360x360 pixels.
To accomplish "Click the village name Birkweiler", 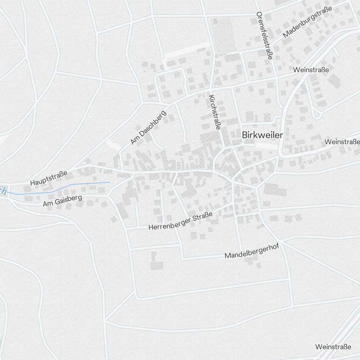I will (262, 135).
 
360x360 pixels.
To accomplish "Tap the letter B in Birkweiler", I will (245, 135).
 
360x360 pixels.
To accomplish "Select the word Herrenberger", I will (169, 224).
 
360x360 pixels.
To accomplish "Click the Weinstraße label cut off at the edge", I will (342, 141).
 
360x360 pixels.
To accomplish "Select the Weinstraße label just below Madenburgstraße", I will (311, 70).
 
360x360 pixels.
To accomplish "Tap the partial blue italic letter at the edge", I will (3, 190).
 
